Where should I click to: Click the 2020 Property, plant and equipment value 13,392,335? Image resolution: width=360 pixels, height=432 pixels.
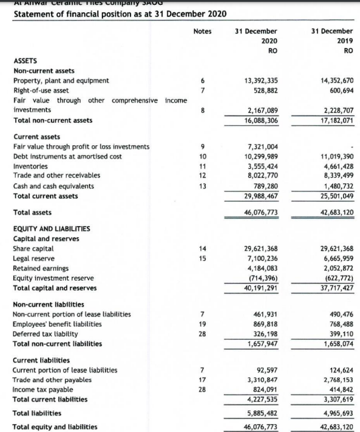pos(260,80)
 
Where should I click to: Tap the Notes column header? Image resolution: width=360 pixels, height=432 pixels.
pos(203,31)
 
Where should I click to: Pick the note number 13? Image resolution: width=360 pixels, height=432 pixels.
pos(203,186)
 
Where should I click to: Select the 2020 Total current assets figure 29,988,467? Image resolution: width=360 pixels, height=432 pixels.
pos(260,196)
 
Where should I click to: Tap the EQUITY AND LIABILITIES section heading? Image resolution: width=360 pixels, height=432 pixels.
pos(52,228)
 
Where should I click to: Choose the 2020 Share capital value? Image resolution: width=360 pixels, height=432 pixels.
pos(260,249)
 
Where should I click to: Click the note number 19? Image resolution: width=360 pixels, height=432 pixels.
pos(203,324)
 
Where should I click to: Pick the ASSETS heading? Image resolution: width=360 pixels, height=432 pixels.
pos(25,61)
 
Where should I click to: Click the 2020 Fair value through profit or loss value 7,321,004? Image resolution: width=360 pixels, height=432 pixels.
pos(262,146)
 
